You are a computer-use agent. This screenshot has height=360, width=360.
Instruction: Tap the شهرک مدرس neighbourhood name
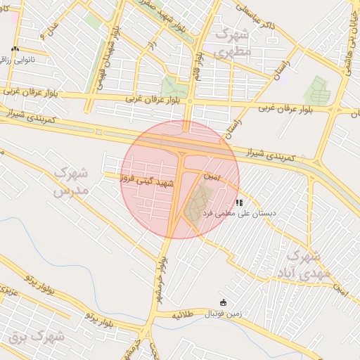click(x=70, y=181)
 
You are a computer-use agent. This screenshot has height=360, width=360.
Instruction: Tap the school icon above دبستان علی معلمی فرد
click(x=239, y=202)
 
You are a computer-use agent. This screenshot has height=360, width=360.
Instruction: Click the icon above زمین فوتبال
click(x=224, y=302)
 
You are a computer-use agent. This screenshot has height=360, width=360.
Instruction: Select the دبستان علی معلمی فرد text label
click(x=239, y=212)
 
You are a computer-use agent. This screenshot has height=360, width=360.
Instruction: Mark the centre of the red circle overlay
click(x=180, y=180)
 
